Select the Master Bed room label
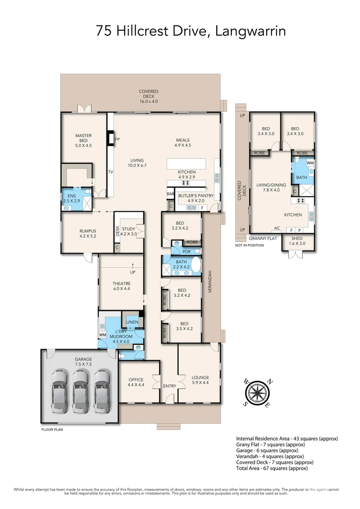83,140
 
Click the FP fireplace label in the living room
117,140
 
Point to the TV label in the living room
110,172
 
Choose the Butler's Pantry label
196,195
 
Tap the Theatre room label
121,286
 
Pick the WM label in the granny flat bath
310,163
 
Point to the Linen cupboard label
132,322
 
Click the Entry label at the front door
170,386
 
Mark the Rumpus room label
88,233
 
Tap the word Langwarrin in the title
250,31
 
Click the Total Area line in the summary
272,468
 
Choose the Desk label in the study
117,231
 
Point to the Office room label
136,382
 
